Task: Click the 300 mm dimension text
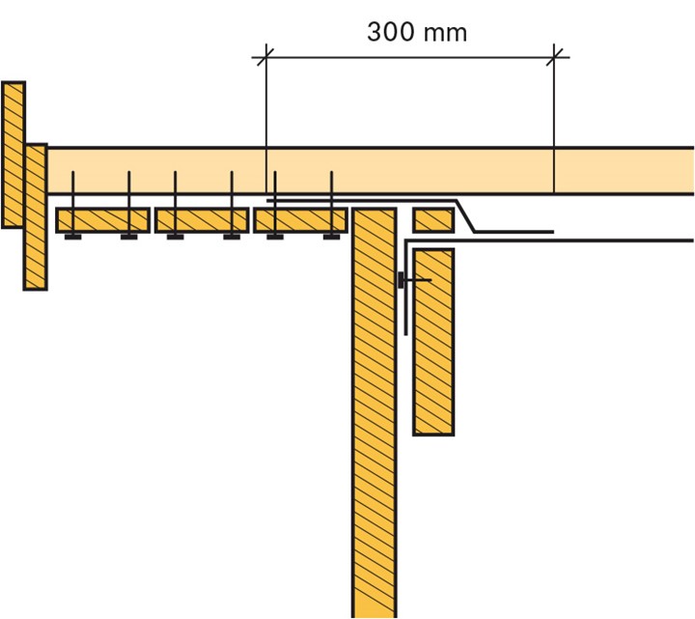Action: click(x=417, y=33)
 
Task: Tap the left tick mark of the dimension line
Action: click(x=265, y=57)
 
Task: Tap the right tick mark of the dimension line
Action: click(x=554, y=57)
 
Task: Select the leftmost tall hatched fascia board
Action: click(x=14, y=155)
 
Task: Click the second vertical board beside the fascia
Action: click(x=36, y=217)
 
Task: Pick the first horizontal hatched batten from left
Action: click(x=103, y=220)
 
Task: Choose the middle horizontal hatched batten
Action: click(x=202, y=220)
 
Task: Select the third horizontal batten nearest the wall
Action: click(x=300, y=220)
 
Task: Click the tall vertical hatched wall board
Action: click(x=375, y=412)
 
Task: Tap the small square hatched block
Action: click(x=433, y=220)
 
